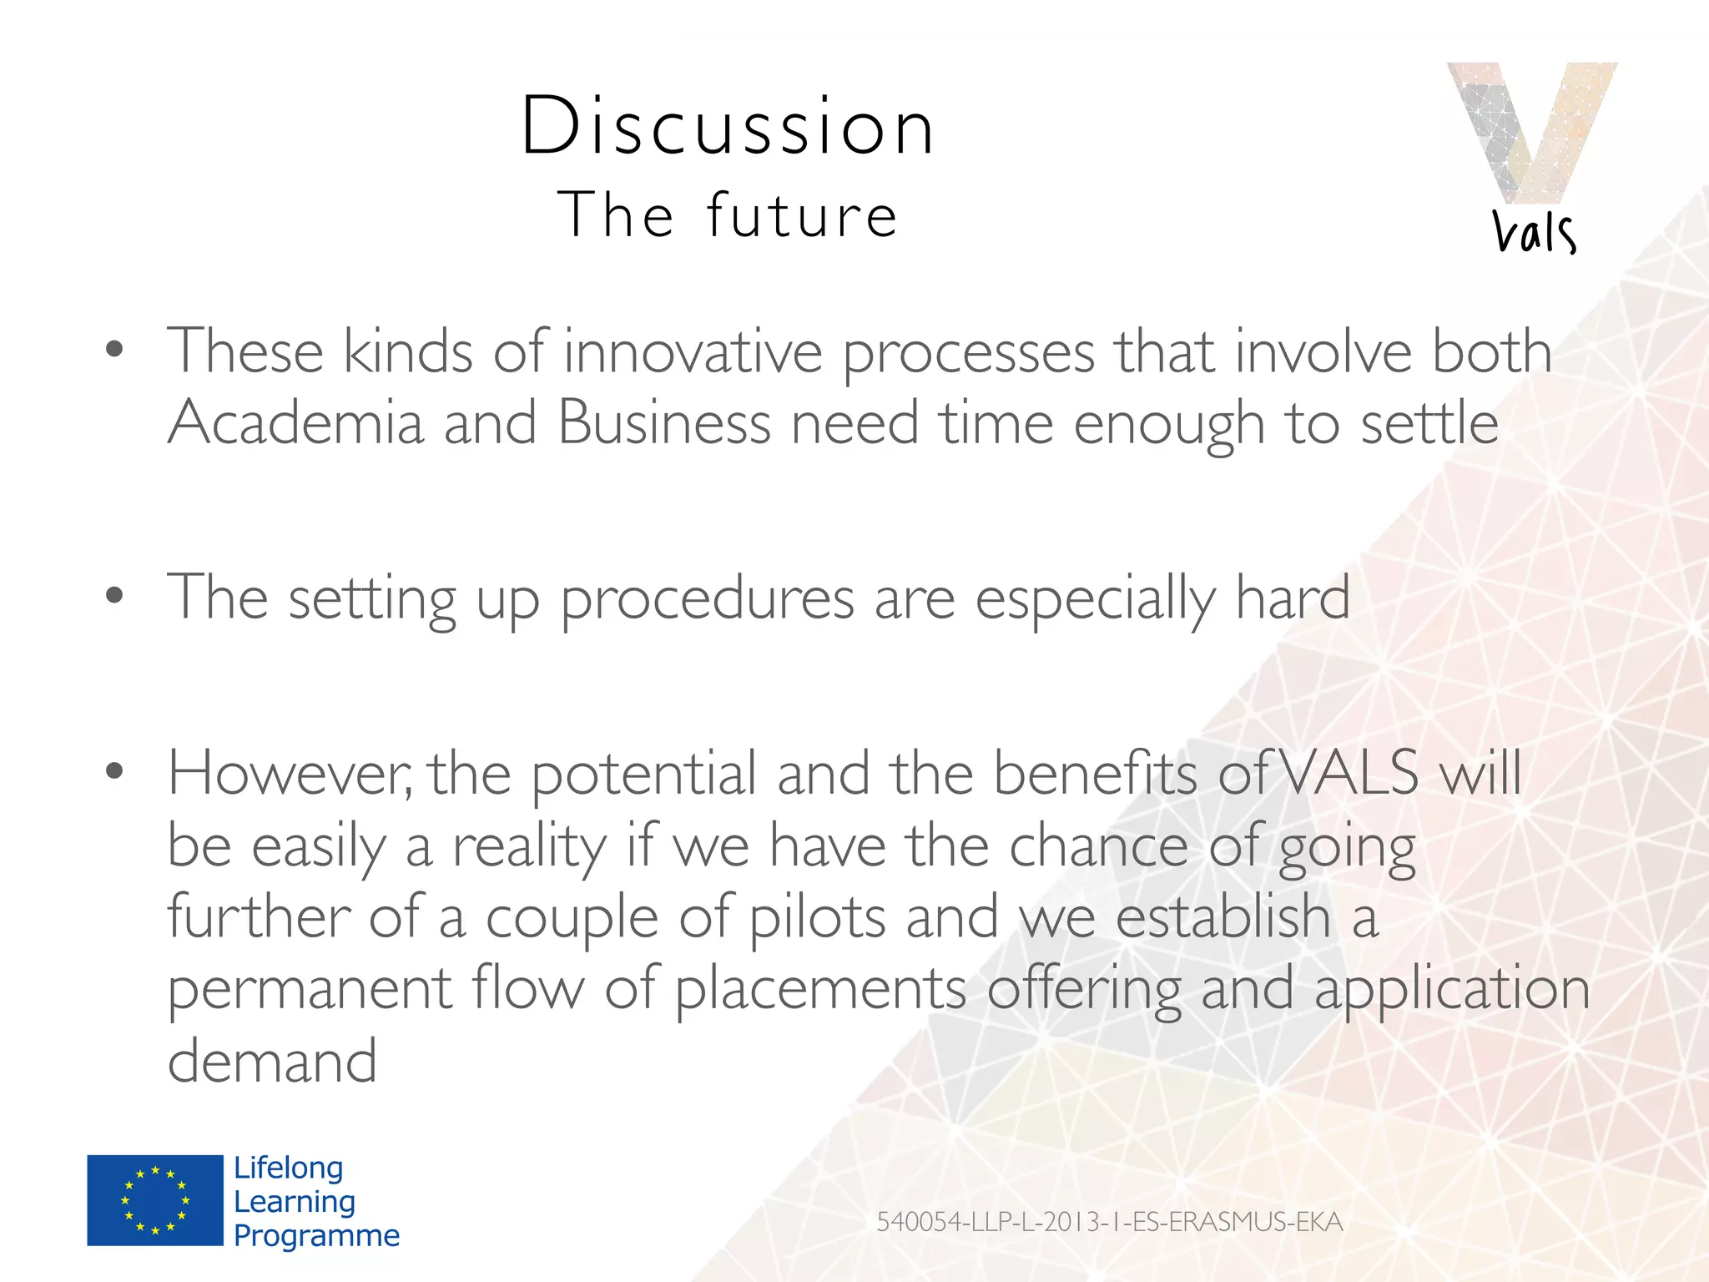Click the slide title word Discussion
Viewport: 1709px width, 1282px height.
pyautogui.click(x=728, y=127)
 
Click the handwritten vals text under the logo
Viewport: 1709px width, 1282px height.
pyautogui.click(x=1534, y=232)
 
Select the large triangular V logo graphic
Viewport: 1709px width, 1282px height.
pyautogui.click(x=1531, y=129)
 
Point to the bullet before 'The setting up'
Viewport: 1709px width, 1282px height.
pyautogui.click(x=115, y=595)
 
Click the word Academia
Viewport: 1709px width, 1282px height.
pyautogui.click(x=296, y=422)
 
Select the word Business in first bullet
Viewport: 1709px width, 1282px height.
pyautogui.click(x=663, y=422)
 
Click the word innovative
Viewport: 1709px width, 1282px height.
pyautogui.click(x=693, y=351)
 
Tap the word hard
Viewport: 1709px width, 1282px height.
pyautogui.click(x=1292, y=598)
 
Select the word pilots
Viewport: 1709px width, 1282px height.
pyautogui.click(x=817, y=917)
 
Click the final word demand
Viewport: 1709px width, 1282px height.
pyautogui.click(x=272, y=1061)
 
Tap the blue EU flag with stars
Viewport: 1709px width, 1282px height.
pyautogui.click(x=155, y=1200)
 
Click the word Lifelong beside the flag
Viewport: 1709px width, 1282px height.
pyautogui.click(x=288, y=1168)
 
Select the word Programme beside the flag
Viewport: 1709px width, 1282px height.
pyautogui.click(x=316, y=1235)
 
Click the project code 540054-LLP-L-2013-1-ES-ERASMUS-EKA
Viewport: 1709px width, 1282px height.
pyautogui.click(x=1109, y=1222)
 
